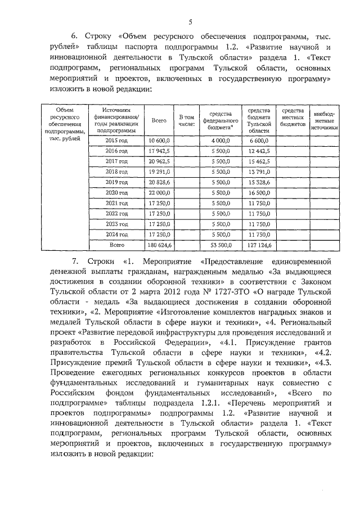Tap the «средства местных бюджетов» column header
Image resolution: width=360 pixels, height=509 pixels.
pos(292,116)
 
